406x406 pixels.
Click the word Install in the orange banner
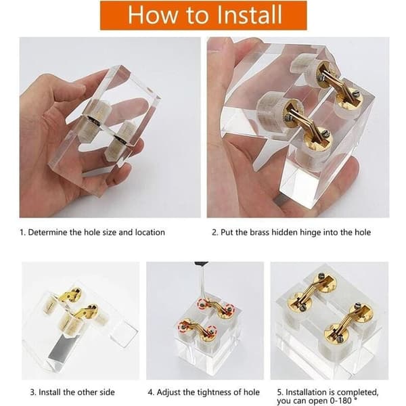coord(249,14)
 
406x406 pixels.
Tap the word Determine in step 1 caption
coord(47,232)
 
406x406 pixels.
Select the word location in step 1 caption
coord(150,232)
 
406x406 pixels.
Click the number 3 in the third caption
coord(32,392)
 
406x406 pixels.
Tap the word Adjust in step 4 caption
coord(168,392)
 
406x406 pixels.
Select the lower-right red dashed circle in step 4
coord(211,330)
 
